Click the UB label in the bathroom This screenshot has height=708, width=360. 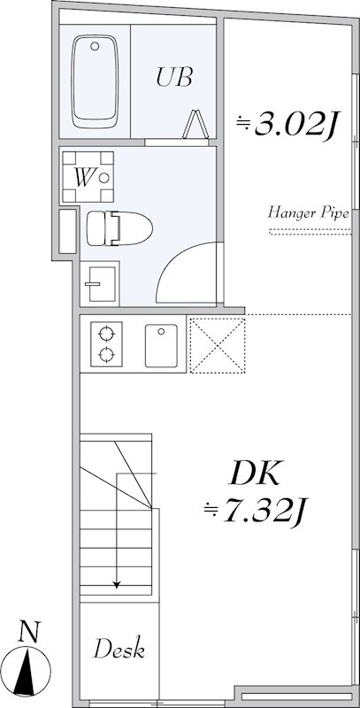click(174, 77)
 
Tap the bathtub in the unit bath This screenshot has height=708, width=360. click(95, 82)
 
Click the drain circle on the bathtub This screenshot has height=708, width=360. click(95, 46)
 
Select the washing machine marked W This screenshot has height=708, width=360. click(88, 177)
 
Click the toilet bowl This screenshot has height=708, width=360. click(119, 228)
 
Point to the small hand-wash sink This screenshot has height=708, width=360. click(99, 283)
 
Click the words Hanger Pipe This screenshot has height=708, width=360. click(309, 212)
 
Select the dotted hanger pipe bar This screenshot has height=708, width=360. click(310, 232)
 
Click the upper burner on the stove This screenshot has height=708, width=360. click(106, 335)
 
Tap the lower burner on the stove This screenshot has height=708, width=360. click(106, 355)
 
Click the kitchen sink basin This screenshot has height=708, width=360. click(161, 345)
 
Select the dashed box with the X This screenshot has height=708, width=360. click(218, 346)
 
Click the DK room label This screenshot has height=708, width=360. click(256, 474)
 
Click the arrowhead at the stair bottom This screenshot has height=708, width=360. click(117, 585)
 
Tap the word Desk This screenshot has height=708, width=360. click(119, 649)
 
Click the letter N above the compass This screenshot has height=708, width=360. click(29, 632)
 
